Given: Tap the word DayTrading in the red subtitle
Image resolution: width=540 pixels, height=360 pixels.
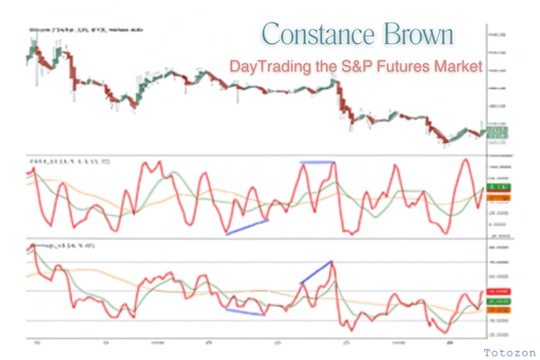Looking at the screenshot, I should pos(271,67).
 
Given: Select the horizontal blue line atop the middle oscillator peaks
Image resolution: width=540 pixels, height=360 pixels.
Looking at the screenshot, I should pos(317,162).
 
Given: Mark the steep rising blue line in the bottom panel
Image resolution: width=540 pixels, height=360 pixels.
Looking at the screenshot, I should pos(317,273).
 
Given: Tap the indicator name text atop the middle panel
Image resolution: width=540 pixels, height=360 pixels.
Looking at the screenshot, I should pos(67,161).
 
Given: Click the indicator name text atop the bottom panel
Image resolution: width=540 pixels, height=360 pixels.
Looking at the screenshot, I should pos(63,245).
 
